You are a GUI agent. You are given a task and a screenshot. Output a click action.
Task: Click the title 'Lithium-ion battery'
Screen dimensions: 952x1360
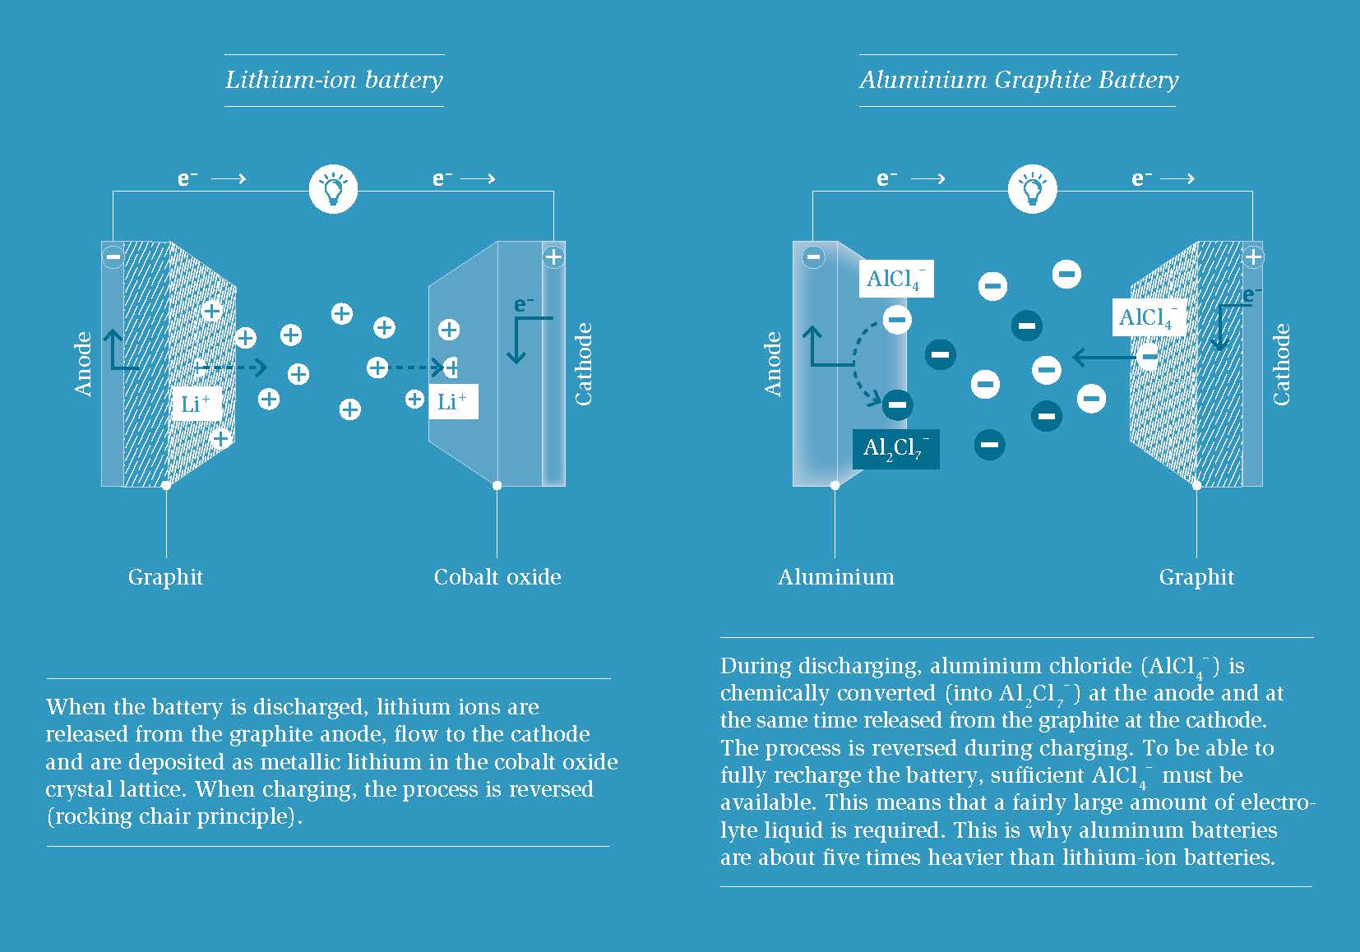tap(334, 81)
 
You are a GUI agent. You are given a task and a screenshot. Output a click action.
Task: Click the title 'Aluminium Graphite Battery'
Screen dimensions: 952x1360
tap(1019, 81)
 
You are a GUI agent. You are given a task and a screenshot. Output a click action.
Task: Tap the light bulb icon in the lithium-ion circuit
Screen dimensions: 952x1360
tap(333, 189)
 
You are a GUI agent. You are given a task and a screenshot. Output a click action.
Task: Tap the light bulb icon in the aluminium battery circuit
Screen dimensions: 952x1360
tap(1032, 189)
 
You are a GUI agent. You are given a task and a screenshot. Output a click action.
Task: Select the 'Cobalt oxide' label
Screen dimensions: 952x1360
tap(497, 577)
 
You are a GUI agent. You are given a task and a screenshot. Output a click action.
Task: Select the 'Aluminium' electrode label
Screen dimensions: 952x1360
tap(836, 577)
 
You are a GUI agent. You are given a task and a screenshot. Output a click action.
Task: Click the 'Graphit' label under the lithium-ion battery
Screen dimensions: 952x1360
tap(165, 577)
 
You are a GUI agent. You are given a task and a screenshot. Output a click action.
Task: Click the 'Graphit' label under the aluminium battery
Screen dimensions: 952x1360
tap(1196, 577)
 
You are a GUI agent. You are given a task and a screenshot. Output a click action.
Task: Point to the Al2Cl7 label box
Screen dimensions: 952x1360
tap(895, 449)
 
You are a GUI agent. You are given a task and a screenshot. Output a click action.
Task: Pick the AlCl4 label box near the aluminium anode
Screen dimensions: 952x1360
tap(896, 279)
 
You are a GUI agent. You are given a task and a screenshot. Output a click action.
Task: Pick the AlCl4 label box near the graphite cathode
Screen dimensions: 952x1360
tap(1150, 317)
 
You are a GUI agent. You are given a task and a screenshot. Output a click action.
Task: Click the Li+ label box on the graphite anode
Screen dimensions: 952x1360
tap(196, 404)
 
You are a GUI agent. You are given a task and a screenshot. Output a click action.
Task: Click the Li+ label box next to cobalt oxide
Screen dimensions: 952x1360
tap(453, 401)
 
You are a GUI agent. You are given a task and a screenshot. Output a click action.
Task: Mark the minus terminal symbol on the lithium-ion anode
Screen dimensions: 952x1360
tap(113, 256)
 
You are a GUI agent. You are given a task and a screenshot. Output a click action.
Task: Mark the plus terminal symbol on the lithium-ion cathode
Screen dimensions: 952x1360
tap(553, 256)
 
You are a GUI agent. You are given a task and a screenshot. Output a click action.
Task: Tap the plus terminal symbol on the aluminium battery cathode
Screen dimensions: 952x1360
tap(1252, 256)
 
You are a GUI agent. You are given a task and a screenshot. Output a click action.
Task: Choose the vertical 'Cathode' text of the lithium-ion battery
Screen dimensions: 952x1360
tap(583, 364)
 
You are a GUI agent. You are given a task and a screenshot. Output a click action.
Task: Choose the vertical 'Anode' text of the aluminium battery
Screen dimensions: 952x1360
tap(772, 364)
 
